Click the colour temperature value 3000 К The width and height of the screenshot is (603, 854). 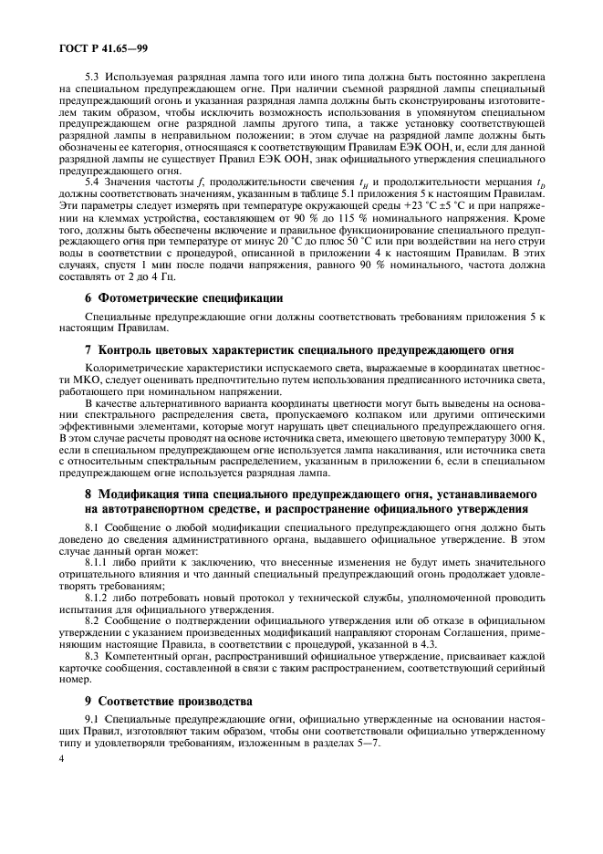click(526, 439)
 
